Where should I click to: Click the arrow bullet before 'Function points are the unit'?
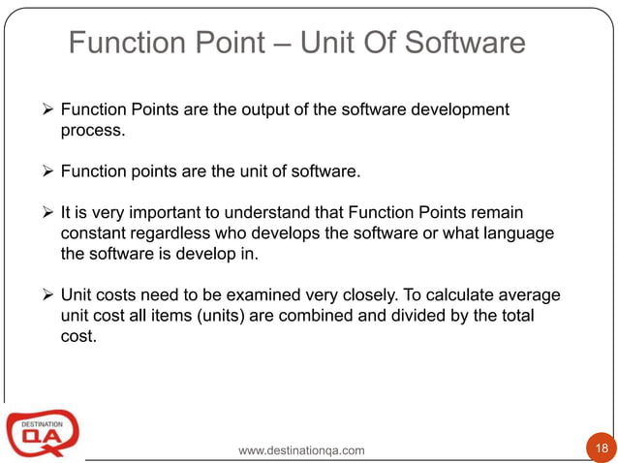point(49,173)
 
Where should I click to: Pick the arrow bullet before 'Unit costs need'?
point(49,294)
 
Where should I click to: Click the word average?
point(531,294)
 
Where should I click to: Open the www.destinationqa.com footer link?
point(301,450)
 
